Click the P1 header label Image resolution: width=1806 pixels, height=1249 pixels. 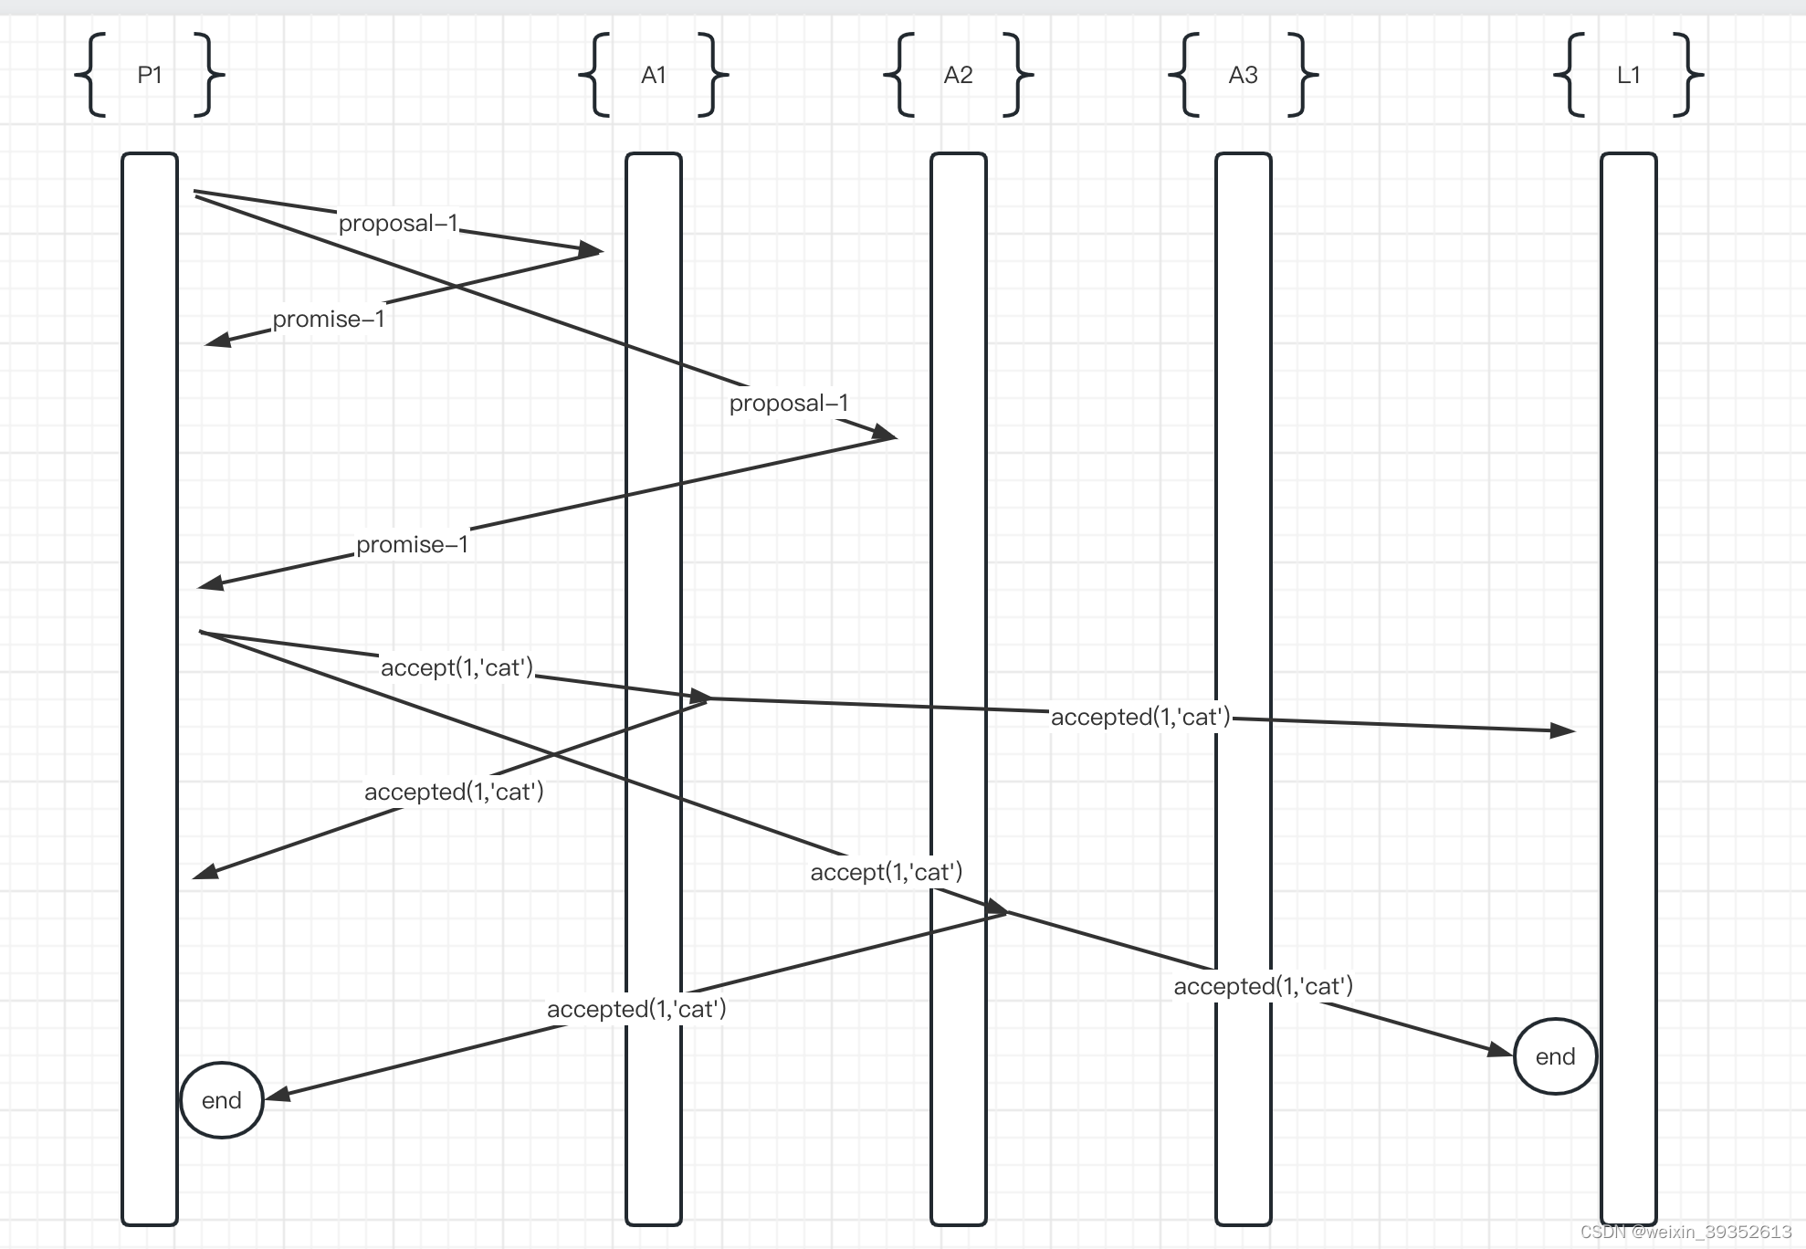coord(150,75)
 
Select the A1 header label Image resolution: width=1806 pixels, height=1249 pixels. coord(654,75)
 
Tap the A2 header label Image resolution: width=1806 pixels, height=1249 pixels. coord(958,75)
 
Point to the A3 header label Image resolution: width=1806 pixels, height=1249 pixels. coord(1243,75)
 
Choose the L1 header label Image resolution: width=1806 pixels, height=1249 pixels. coord(1628,75)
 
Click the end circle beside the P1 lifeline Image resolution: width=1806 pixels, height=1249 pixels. coord(222,1100)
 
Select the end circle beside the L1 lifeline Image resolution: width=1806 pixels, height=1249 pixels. coord(1555,1056)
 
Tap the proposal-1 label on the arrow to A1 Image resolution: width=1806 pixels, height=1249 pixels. coord(398,224)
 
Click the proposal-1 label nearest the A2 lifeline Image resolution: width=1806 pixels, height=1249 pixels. coord(789,403)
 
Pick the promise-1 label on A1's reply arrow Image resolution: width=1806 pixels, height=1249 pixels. coord(329,320)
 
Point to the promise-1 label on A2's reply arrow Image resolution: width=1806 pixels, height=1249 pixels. coord(412,545)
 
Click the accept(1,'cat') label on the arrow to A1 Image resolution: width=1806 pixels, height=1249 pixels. coord(457,667)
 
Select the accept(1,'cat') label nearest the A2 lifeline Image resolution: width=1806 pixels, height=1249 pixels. coord(887,872)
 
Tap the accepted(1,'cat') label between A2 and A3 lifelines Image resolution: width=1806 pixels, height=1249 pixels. coord(1140,717)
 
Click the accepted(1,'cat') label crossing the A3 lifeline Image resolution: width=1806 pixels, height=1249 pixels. coord(1263,986)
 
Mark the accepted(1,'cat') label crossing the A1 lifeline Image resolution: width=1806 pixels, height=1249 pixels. coord(636,1009)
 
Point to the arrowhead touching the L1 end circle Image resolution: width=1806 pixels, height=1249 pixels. coord(1500,1050)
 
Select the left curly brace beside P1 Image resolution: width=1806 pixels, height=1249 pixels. coord(91,75)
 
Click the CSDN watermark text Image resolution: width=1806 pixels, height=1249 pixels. coord(1685,1232)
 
